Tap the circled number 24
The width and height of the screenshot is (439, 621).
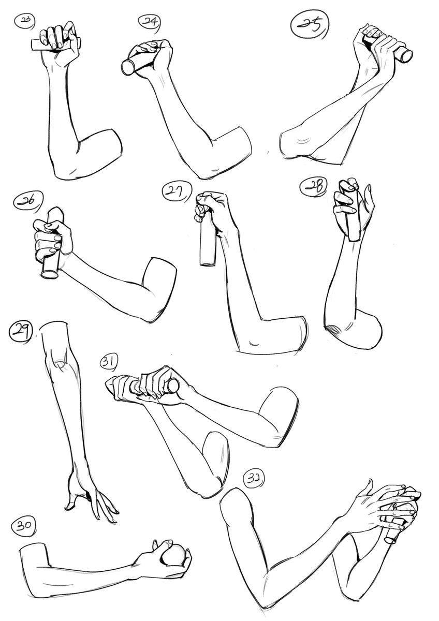pyautogui.click(x=149, y=22)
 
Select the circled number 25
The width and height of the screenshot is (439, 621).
pyautogui.click(x=310, y=25)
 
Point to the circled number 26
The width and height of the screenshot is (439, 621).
pyautogui.click(x=28, y=201)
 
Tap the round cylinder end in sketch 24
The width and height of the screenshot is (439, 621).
pyautogui.click(x=128, y=68)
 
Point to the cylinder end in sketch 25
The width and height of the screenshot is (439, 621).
pyautogui.click(x=406, y=56)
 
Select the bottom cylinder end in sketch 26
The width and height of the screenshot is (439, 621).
pyautogui.click(x=50, y=274)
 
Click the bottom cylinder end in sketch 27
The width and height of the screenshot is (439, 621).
pyautogui.click(x=208, y=263)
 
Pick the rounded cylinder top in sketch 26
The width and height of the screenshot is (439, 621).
pyautogui.click(x=56, y=213)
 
